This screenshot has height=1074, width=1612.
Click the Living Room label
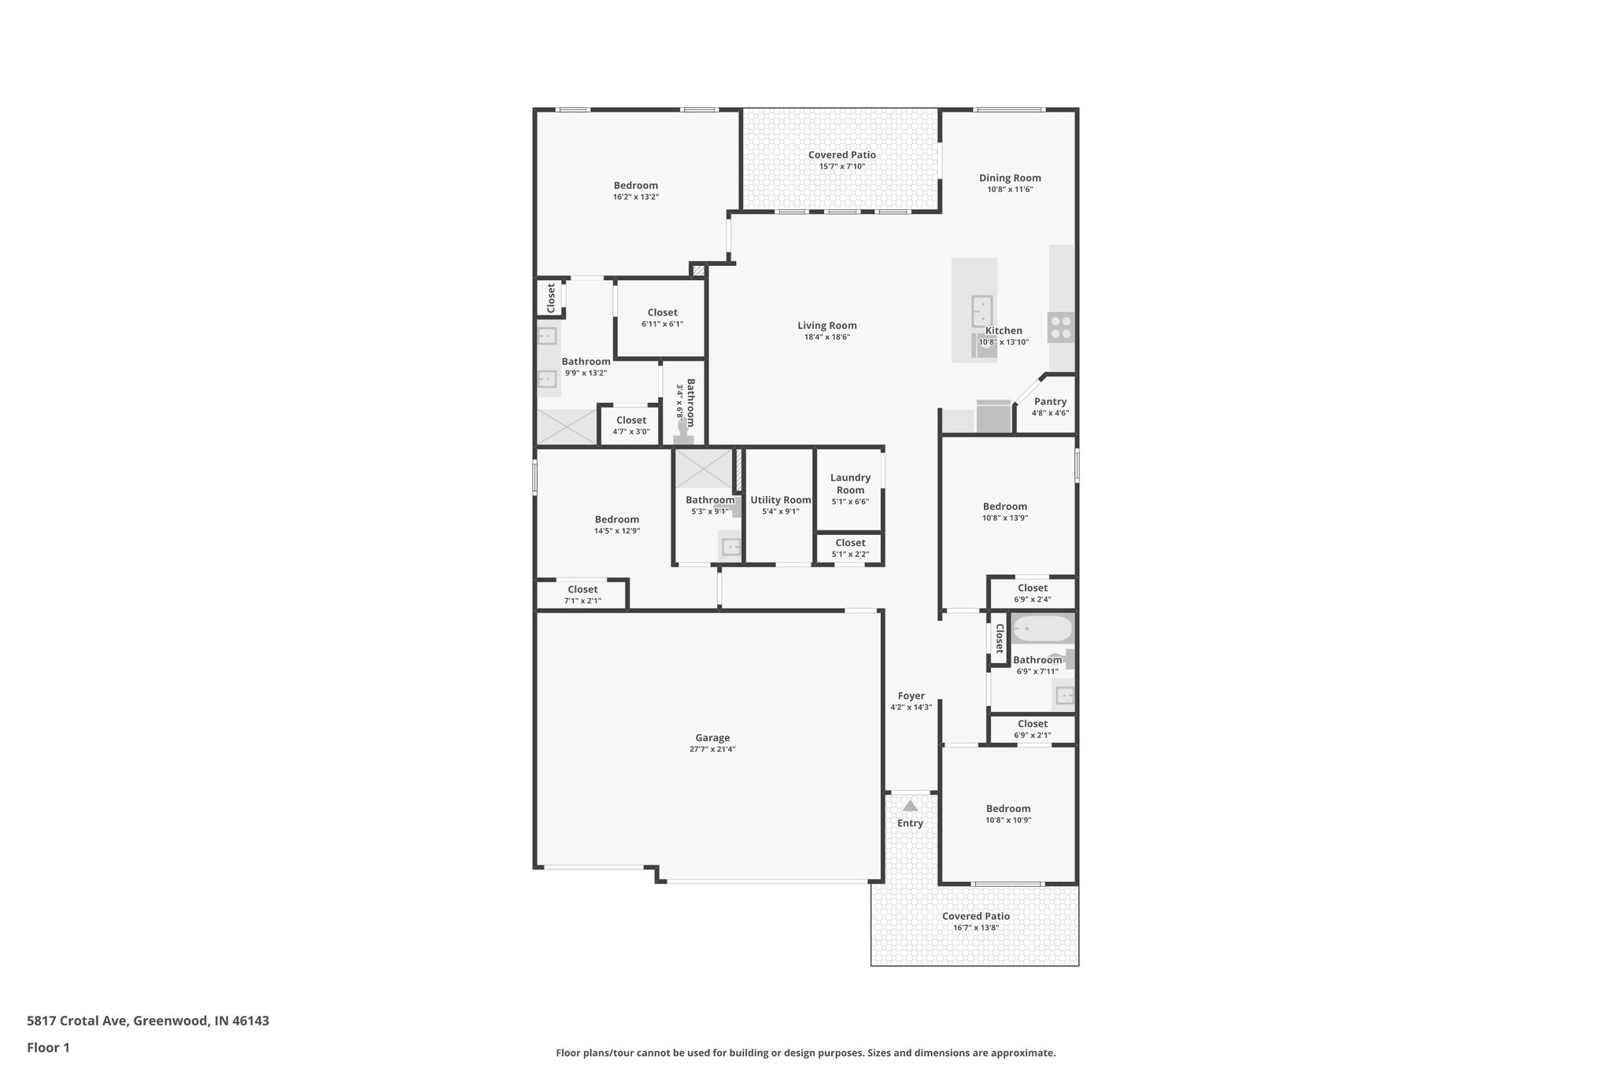[x=826, y=326]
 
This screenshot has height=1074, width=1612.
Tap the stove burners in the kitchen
[x=1060, y=327]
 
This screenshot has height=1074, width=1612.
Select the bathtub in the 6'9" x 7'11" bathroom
[x=1042, y=629]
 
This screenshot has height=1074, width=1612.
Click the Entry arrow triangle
[x=910, y=806]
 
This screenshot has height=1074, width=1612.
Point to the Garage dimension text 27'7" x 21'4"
[x=712, y=750]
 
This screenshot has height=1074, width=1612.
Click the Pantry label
[x=1050, y=402]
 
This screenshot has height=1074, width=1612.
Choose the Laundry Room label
[x=850, y=484]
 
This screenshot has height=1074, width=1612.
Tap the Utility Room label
[x=780, y=500]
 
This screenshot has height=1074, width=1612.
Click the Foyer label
[x=911, y=696]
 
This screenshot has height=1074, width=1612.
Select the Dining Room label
[x=1010, y=179]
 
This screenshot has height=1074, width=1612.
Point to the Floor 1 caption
[x=49, y=1048]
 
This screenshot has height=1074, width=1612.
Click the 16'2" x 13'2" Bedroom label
[x=635, y=186]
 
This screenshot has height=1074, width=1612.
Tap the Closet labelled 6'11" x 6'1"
[x=662, y=313]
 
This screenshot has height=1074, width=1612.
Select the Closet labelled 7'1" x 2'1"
[x=582, y=590]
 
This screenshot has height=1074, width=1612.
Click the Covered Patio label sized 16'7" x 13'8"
[x=975, y=917]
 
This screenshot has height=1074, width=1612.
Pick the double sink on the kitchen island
[x=982, y=306]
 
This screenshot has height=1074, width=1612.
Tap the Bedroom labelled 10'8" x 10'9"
[x=1008, y=809]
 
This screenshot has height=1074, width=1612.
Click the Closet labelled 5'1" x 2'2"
[x=850, y=544]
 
